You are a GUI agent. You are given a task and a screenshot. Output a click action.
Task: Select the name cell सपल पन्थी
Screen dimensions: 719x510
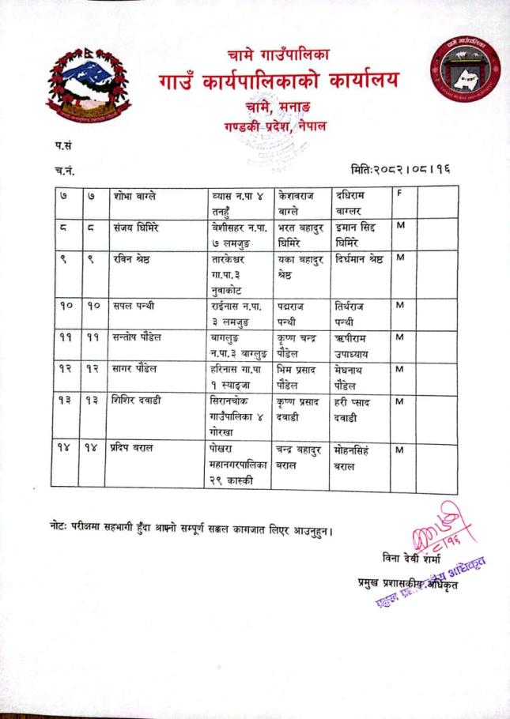(x=134, y=306)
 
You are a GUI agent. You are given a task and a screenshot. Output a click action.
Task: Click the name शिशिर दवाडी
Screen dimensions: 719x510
(x=138, y=401)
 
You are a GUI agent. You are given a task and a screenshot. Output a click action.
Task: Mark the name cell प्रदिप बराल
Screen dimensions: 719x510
(x=134, y=448)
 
